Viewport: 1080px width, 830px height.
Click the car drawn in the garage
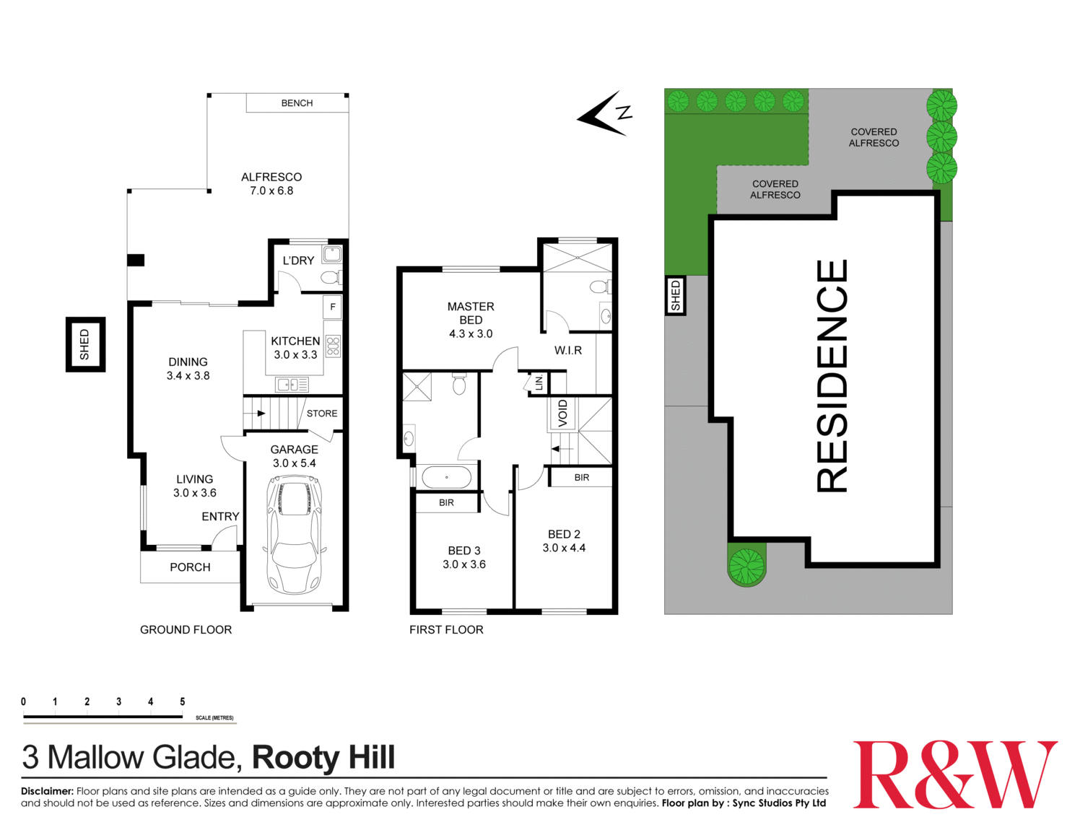pos(294,534)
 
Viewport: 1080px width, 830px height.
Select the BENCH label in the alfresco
pos(297,103)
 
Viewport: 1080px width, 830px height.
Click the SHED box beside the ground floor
pos(85,344)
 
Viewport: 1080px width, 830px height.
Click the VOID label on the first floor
pos(563,413)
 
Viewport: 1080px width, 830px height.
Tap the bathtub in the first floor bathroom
pos(446,477)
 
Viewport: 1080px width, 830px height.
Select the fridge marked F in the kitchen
pos(333,307)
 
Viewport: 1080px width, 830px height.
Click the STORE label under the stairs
pos(322,414)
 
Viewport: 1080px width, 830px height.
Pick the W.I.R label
pos(568,351)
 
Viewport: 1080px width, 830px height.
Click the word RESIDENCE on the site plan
pos(832,376)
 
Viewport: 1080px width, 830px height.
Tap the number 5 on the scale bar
pos(183,702)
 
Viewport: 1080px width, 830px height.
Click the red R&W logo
pos(954,774)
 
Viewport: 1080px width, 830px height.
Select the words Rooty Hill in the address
pos(323,757)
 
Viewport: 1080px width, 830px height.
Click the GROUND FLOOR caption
pos(186,630)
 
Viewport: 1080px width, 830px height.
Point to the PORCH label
pos(190,567)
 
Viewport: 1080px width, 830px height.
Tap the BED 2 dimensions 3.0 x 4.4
pos(564,548)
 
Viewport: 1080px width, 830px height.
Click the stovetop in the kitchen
pos(333,346)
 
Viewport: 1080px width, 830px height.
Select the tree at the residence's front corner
pos(746,566)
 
